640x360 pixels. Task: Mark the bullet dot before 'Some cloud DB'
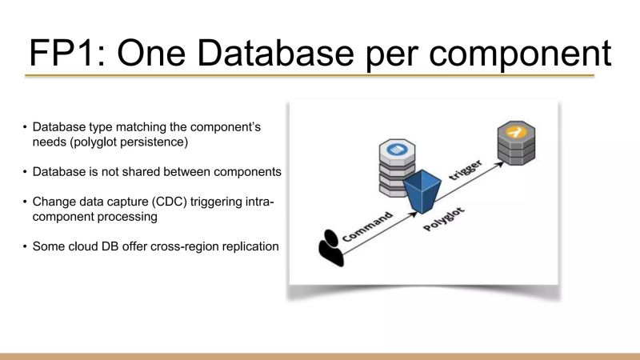point(25,246)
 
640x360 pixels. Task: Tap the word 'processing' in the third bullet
point(127,216)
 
